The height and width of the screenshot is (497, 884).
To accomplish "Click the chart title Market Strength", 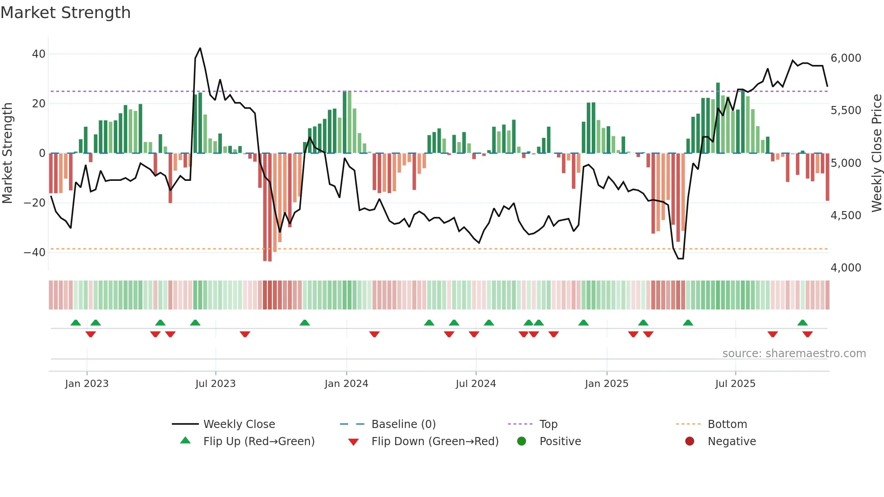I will tap(65, 13).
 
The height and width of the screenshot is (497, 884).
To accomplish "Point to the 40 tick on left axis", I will tap(38, 54).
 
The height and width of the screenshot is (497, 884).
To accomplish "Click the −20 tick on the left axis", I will tap(35, 203).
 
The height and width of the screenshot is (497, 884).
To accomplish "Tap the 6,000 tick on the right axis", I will tap(846, 58).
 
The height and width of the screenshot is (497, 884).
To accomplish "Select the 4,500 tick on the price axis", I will tap(846, 216).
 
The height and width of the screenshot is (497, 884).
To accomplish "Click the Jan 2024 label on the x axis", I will tap(346, 384).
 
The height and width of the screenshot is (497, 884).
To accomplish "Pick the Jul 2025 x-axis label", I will tap(735, 384).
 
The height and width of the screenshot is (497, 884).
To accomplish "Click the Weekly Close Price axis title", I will tap(876, 153).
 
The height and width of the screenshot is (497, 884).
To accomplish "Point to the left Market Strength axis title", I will tap(7, 153).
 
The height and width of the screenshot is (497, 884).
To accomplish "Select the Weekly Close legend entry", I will tap(239, 424).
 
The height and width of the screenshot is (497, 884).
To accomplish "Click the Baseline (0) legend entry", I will tap(403, 424).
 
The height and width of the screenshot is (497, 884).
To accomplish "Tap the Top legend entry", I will tap(548, 424).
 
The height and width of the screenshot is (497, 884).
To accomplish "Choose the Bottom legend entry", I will tap(727, 424).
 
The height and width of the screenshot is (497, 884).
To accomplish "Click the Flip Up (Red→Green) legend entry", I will tap(258, 442).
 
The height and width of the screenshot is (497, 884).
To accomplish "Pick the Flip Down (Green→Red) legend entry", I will tap(434, 442).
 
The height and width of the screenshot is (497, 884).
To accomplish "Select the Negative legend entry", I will tap(731, 442).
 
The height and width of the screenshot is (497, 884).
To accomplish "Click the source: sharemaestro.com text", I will tap(794, 354).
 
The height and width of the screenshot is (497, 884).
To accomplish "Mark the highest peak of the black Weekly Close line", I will tap(200, 48).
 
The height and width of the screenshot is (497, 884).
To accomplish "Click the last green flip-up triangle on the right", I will tap(802, 323).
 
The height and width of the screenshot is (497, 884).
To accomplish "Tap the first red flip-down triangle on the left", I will tap(91, 334).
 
